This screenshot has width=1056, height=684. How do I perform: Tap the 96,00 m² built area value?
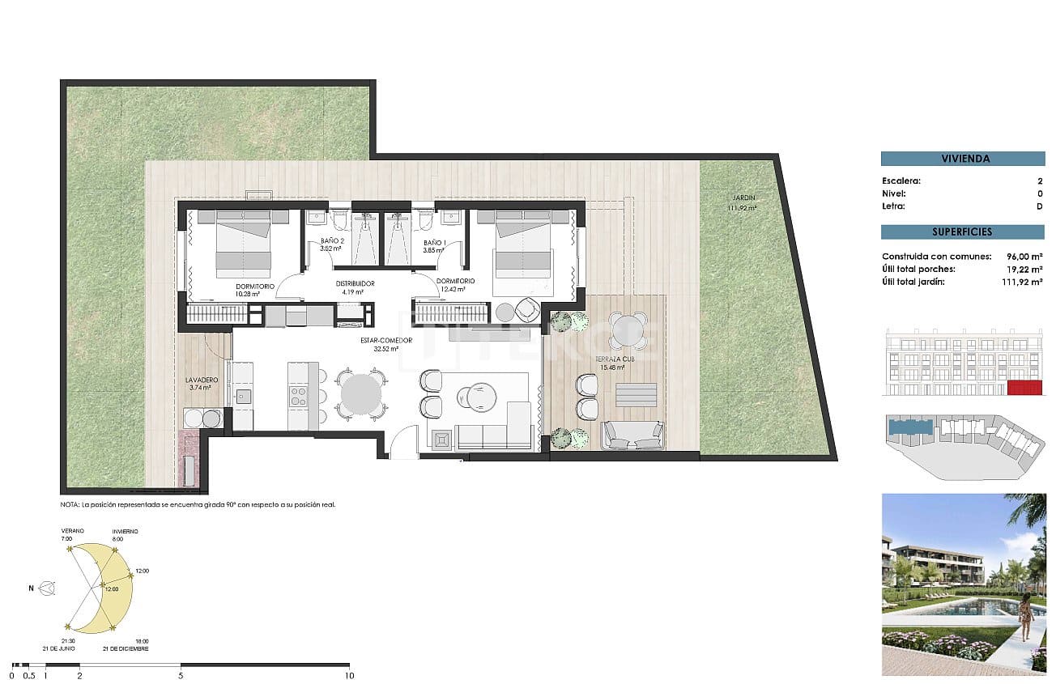click(x=1022, y=257)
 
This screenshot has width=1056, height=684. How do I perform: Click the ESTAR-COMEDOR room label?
click(x=386, y=340)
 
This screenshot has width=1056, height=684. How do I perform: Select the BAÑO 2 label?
click(x=332, y=242)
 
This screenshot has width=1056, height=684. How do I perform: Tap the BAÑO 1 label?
click(x=435, y=242)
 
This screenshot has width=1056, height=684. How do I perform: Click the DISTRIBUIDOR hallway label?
click(x=355, y=283)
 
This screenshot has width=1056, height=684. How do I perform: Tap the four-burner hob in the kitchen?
click(x=298, y=396)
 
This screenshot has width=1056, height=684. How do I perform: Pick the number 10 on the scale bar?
click(x=348, y=674)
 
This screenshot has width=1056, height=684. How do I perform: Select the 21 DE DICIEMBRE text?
click(x=126, y=648)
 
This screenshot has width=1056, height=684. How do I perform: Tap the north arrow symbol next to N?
click(x=49, y=588)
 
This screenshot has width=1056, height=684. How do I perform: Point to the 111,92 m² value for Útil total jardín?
click(x=1022, y=283)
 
